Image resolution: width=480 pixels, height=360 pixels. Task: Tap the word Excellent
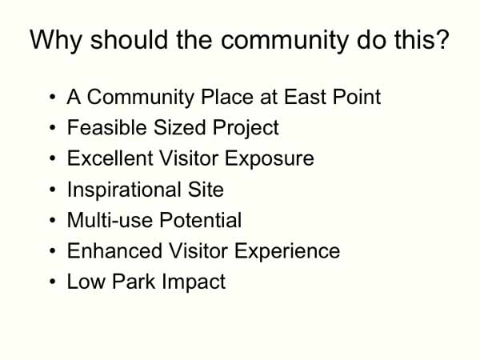coord(104,159)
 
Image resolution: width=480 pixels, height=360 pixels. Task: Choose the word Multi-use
coord(104,221)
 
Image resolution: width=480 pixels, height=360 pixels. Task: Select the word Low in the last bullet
coord(83,282)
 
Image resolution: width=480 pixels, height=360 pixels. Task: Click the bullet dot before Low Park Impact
coord(52,282)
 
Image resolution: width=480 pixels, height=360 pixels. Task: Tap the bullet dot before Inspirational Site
coord(52,190)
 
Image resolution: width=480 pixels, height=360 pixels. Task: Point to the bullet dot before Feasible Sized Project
coord(52,129)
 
